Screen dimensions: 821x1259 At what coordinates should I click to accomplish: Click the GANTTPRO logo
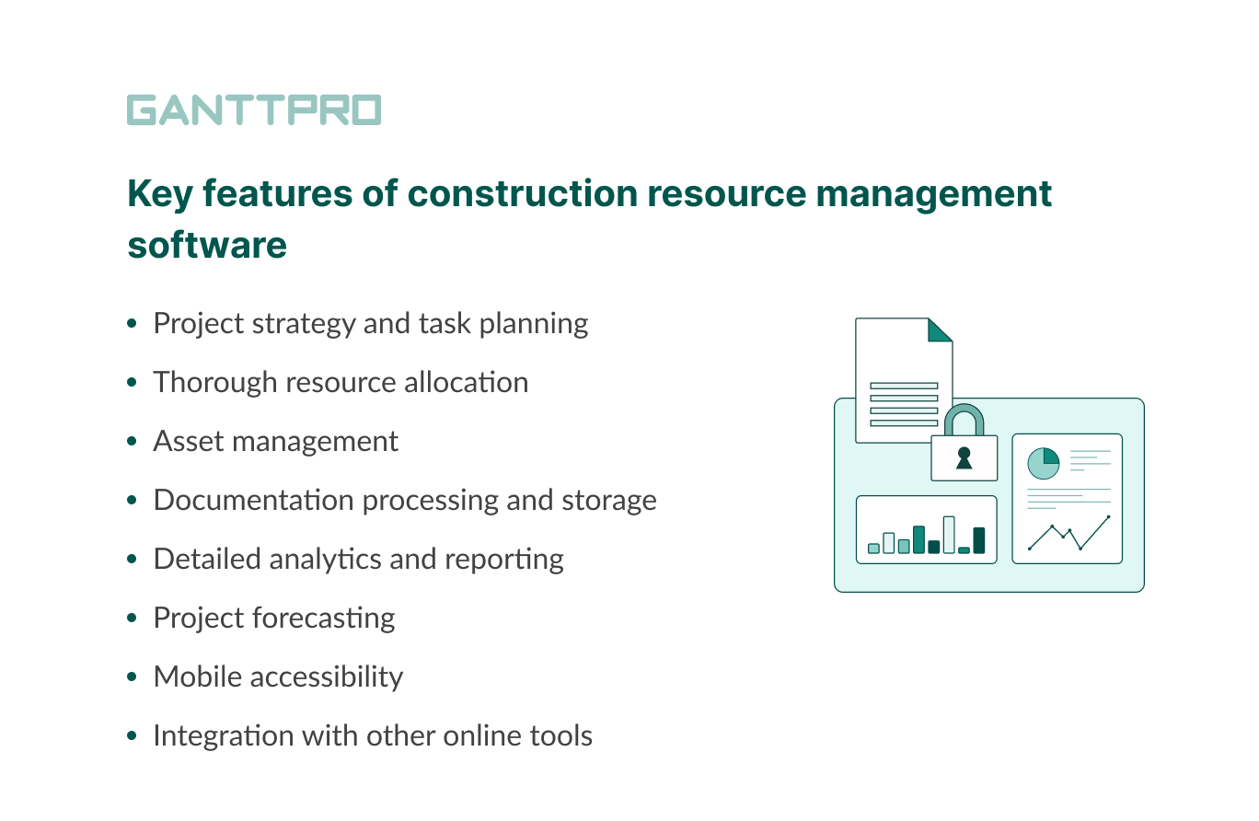click(253, 110)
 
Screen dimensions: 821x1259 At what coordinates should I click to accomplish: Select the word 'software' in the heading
click(206, 246)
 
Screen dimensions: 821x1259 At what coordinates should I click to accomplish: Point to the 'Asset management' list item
click(275, 441)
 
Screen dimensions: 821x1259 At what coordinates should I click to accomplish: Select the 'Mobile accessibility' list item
click(278, 676)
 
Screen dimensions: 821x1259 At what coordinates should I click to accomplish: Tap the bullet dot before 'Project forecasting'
click(133, 619)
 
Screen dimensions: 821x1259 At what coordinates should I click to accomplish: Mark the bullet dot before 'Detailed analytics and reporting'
click(133, 560)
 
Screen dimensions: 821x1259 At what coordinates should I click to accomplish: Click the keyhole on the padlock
click(964, 457)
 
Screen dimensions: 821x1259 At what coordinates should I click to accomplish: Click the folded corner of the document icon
click(938, 330)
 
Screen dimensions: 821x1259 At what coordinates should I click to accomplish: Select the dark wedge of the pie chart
click(1050, 457)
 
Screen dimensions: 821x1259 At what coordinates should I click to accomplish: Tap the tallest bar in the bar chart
click(949, 534)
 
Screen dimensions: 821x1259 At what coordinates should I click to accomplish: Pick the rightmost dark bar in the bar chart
click(978, 540)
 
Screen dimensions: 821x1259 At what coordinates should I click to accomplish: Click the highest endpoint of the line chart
click(1108, 517)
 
